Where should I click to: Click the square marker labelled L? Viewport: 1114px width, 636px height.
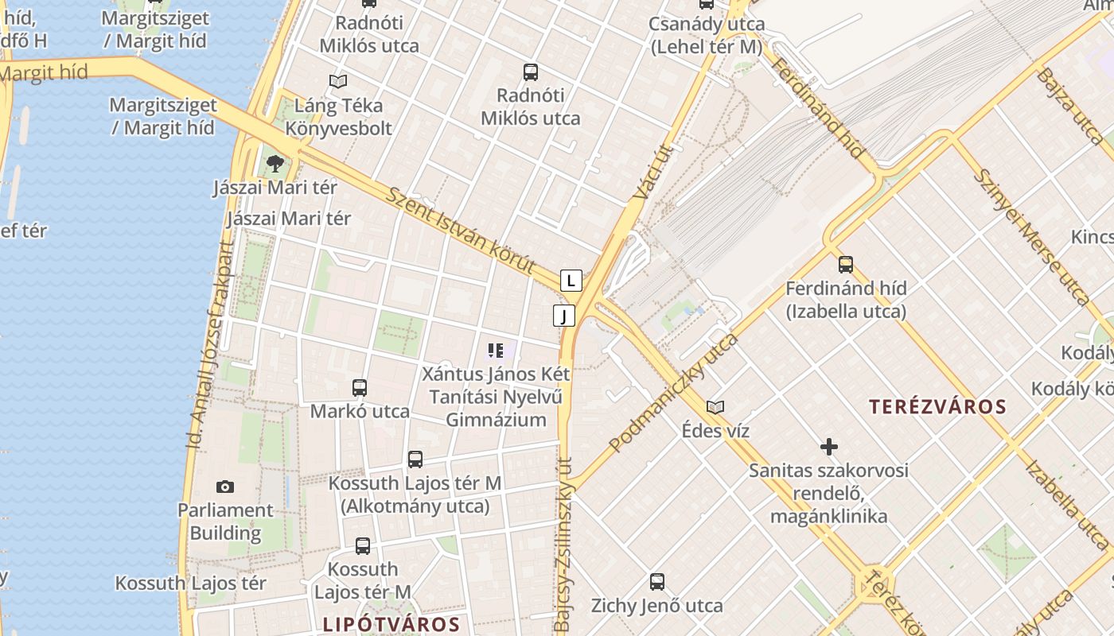tap(571, 280)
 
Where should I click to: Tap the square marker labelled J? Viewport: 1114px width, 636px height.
tap(563, 316)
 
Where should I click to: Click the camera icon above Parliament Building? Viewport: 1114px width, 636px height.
tap(225, 487)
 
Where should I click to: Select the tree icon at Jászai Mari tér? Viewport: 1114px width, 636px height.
tap(275, 164)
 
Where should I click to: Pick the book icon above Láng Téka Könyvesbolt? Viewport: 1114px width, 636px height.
tap(338, 81)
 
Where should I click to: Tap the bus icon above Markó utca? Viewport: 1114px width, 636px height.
tap(360, 388)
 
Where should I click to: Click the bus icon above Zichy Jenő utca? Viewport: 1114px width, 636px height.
tap(656, 582)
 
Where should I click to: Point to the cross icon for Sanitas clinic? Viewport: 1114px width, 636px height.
tap(829, 447)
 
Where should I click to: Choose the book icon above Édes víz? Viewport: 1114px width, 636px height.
tap(715, 407)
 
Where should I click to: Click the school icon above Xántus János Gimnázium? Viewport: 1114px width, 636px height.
tap(496, 350)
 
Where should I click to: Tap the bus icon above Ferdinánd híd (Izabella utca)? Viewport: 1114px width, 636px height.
tap(845, 264)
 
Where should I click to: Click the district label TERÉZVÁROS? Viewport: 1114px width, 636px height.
tap(937, 407)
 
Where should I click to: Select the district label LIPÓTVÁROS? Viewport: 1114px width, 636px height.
tap(391, 624)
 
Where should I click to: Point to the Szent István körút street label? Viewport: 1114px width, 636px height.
tap(461, 231)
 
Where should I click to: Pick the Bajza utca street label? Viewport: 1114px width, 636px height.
tap(1071, 107)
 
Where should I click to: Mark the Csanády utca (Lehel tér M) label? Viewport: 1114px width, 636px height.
tap(707, 35)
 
